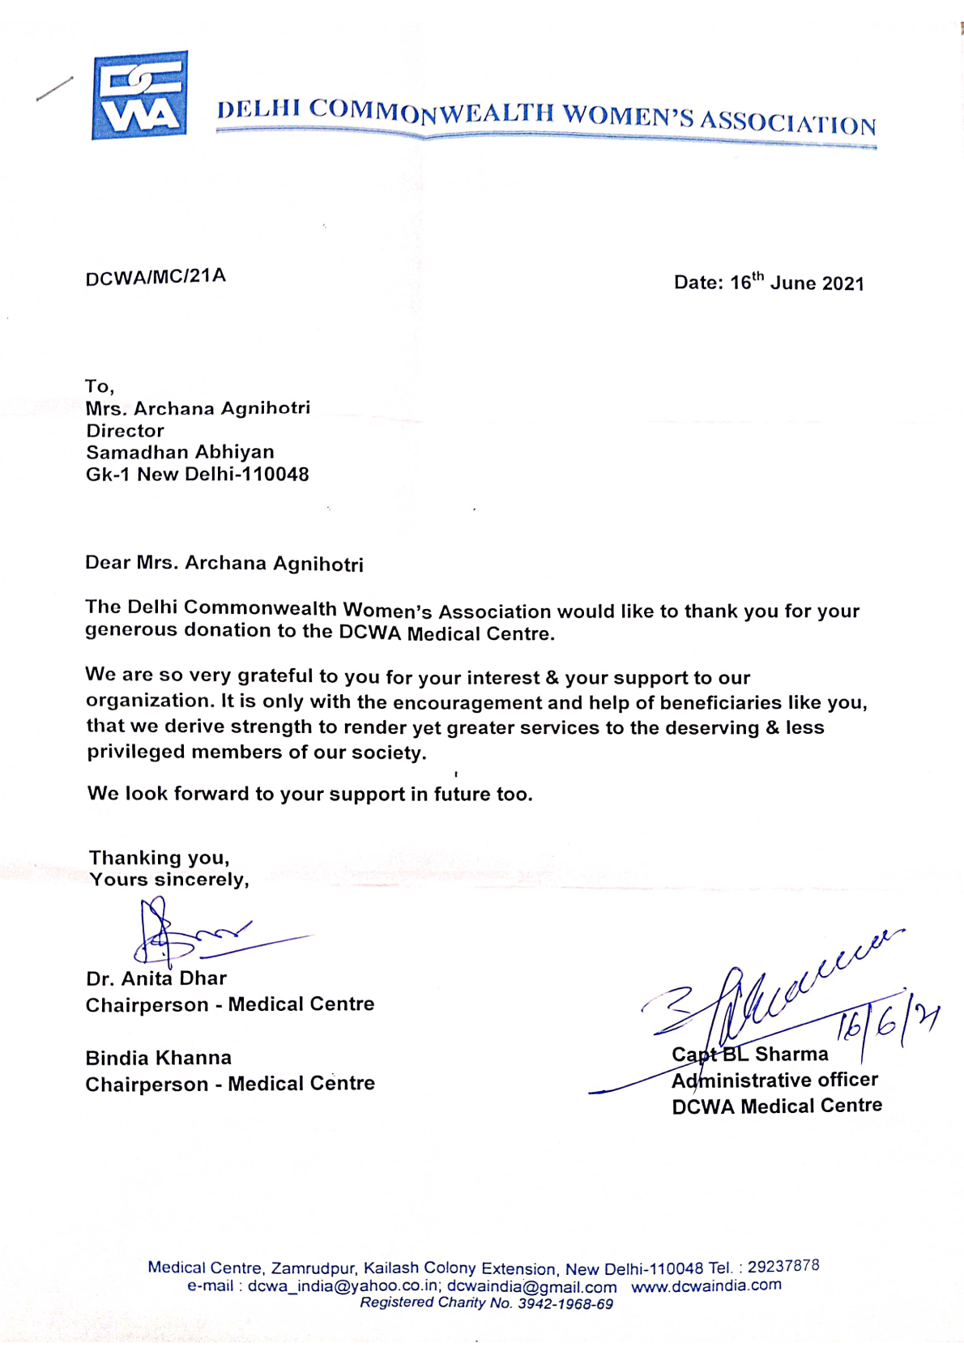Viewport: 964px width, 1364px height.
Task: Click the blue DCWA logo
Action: [x=139, y=96]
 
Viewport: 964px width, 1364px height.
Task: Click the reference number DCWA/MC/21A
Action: [x=156, y=277]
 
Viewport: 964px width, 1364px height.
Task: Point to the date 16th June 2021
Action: [x=797, y=282]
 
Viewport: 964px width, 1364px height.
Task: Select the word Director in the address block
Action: [x=125, y=431]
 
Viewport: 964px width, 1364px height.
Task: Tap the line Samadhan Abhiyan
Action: [x=180, y=452]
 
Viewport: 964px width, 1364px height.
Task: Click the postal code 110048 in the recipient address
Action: [x=279, y=475]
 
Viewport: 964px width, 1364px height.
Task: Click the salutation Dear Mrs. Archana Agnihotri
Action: [x=224, y=563]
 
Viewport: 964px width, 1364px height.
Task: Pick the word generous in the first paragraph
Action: [x=130, y=630]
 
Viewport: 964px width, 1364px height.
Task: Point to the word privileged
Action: [x=136, y=752]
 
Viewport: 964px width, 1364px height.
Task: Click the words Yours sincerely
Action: [x=168, y=880]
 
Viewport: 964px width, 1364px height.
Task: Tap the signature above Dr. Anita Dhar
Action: [x=203, y=936]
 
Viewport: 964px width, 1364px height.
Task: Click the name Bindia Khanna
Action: [x=159, y=1058]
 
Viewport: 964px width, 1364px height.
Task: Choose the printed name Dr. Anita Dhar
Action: [x=156, y=978]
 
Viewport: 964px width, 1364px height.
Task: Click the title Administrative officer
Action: [x=774, y=1081]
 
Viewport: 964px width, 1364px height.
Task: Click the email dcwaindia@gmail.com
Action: [x=531, y=1286]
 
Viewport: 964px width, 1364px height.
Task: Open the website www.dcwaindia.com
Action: [x=706, y=1285]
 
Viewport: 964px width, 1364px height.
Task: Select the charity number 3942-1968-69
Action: [x=565, y=1304]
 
